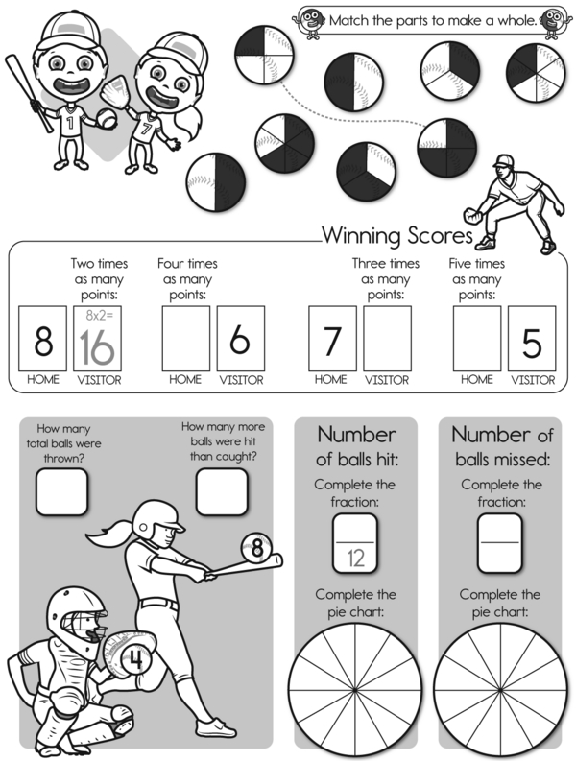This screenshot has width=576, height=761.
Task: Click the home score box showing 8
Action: point(43,339)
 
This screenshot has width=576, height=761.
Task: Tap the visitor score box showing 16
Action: point(98,339)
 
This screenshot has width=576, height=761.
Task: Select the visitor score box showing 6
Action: point(241,339)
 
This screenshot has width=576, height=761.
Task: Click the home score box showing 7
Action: point(333,339)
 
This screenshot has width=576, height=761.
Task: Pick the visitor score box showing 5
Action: point(532,339)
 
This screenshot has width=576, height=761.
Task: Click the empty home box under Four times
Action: point(186,339)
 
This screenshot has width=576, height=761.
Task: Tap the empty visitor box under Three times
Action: point(388,339)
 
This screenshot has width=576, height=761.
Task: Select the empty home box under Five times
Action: point(477,339)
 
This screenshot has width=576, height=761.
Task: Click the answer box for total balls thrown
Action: point(61,491)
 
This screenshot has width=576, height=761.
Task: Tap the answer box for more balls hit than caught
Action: point(222,491)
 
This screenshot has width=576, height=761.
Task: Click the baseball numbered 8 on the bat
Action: point(256,548)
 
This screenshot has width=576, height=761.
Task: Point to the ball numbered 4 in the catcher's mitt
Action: point(136,659)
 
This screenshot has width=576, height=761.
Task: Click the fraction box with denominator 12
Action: point(355,543)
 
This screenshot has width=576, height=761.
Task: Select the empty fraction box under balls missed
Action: point(500,543)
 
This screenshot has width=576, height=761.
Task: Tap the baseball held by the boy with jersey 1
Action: point(107,118)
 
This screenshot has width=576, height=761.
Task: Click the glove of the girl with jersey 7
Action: point(115,91)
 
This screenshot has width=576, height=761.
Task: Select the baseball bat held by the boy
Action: point(29,93)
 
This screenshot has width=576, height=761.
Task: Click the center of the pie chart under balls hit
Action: point(355,690)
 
